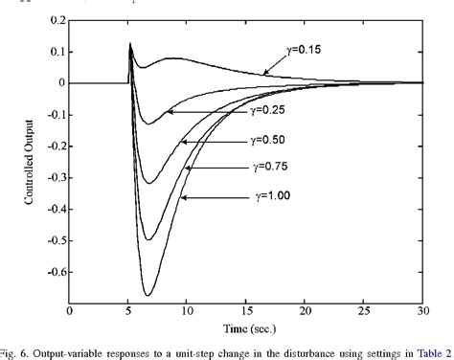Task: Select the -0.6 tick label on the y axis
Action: tap(53, 271)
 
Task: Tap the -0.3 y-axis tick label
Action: tap(53, 177)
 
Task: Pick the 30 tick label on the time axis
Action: tap(422, 311)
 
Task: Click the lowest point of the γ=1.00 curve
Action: tap(148, 295)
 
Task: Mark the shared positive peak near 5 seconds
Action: tap(130, 43)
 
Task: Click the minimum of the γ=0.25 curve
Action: tap(147, 124)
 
